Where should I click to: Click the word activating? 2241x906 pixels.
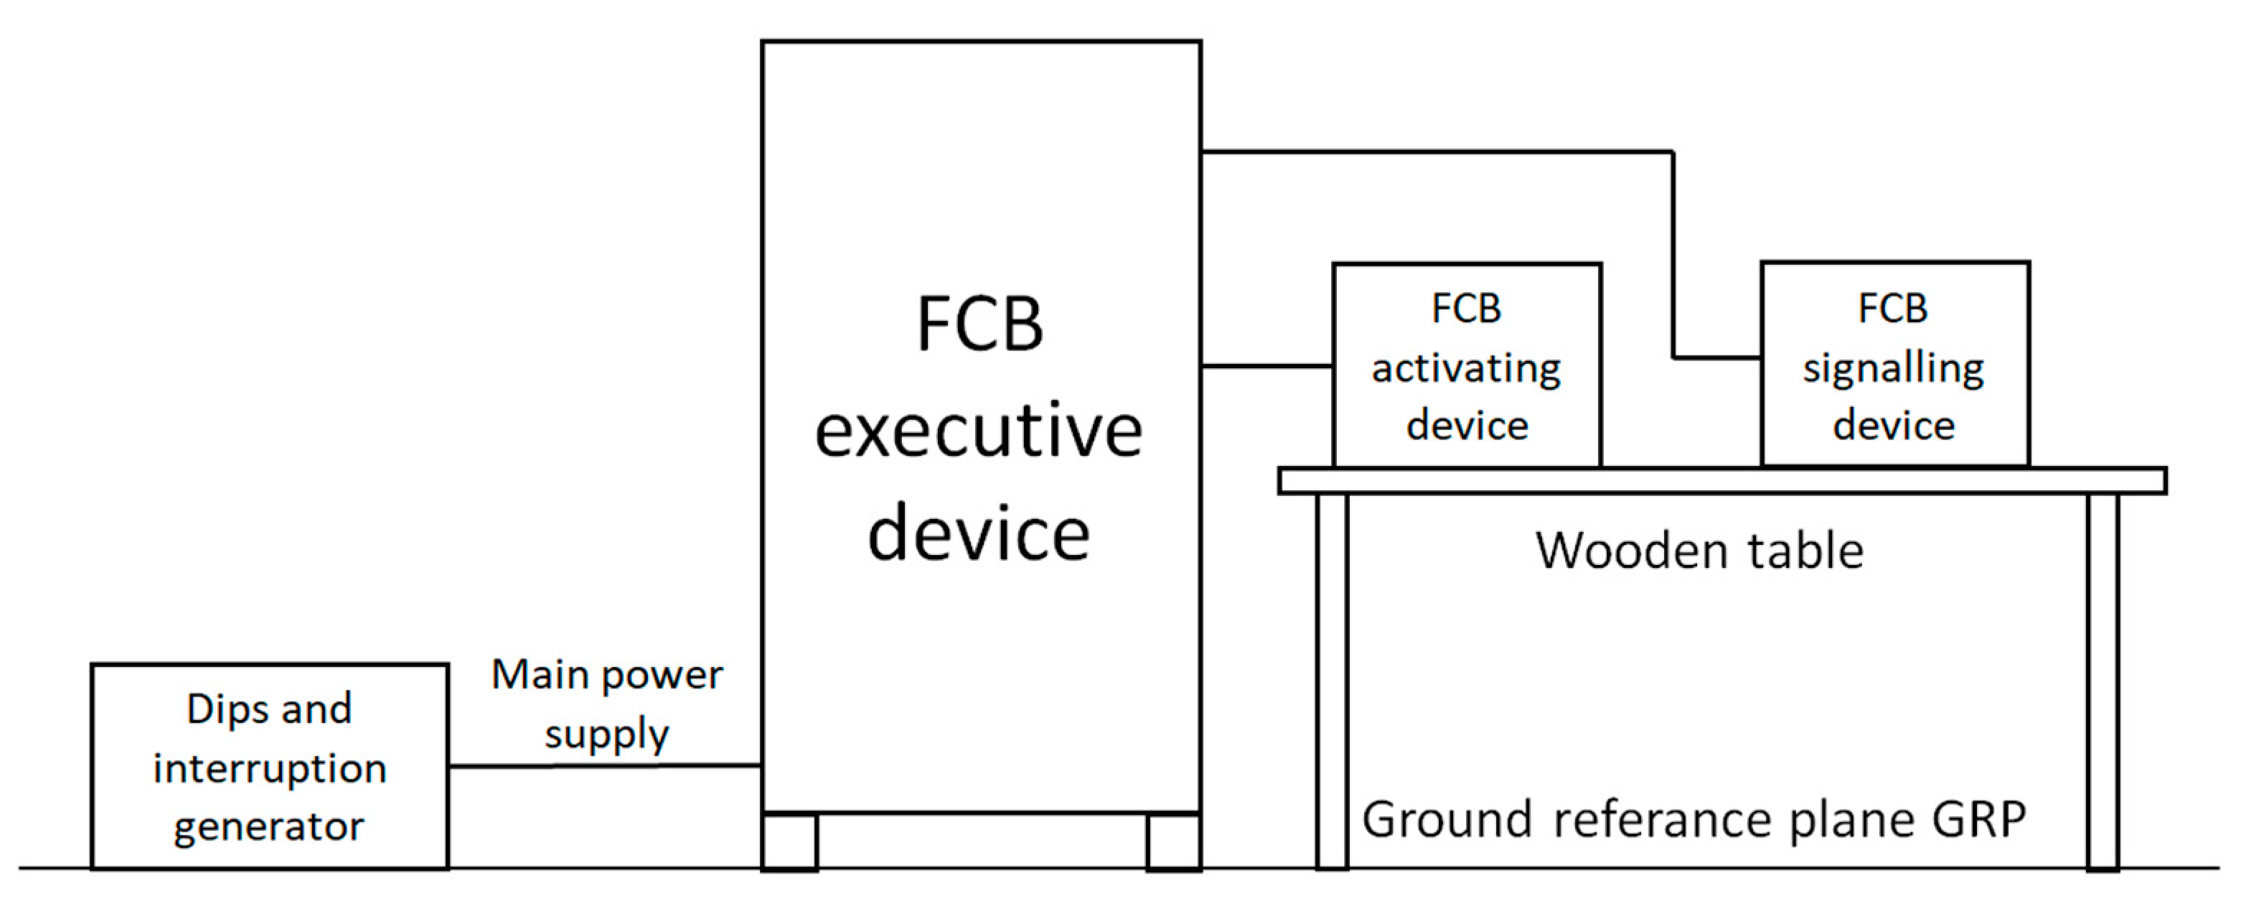click(1466, 369)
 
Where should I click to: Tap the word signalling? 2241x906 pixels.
click(1893, 369)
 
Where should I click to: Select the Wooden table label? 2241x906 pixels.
click(1699, 551)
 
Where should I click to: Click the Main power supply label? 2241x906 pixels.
click(606, 704)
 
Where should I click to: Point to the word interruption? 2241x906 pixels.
click(270, 768)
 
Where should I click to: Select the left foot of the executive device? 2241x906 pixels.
click(790, 841)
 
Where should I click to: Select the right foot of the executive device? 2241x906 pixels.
click(1173, 841)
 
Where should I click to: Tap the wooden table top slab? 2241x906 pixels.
click(1722, 481)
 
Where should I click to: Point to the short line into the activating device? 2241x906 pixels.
click(1267, 366)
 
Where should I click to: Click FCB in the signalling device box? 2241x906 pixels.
click(1893, 309)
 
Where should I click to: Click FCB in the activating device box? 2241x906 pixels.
click(1467, 309)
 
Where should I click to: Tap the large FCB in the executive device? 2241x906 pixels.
click(979, 324)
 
